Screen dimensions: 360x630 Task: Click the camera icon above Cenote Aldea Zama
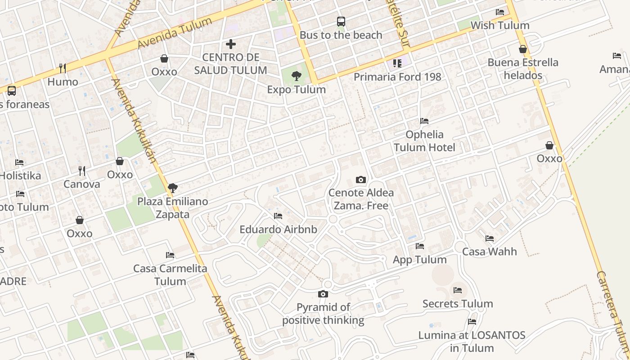click(360, 180)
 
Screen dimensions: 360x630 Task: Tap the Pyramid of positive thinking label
click(323, 314)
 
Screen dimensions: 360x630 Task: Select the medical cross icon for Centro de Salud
click(231, 44)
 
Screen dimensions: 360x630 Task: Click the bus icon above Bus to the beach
click(341, 21)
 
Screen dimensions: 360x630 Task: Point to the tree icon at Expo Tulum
click(296, 76)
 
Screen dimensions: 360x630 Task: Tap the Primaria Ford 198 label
click(397, 76)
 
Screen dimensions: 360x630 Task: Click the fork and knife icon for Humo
click(63, 68)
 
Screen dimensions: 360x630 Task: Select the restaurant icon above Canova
click(82, 171)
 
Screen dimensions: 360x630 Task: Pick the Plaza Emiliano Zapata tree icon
click(172, 188)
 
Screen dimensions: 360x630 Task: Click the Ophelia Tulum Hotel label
click(424, 141)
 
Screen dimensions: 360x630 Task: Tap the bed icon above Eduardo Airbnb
click(278, 216)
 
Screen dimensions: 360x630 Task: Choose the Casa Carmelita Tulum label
click(170, 275)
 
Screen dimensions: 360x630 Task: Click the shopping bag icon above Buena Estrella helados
click(523, 49)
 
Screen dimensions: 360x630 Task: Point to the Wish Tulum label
click(500, 25)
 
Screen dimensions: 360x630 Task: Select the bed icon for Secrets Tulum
click(458, 290)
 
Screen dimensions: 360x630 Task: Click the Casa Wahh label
click(490, 251)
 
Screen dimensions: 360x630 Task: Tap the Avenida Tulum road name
click(175, 33)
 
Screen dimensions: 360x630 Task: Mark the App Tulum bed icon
click(420, 246)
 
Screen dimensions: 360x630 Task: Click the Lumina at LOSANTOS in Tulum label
click(472, 342)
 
